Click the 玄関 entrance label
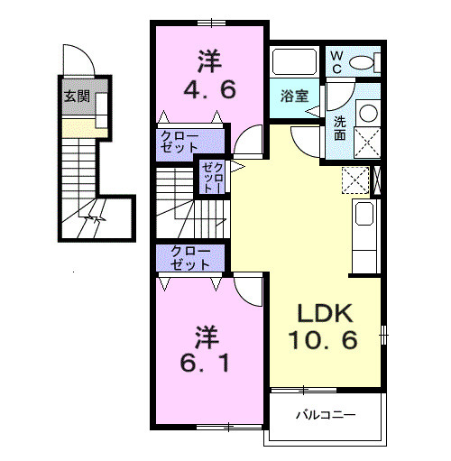77,96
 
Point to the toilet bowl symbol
361,61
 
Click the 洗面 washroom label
339,128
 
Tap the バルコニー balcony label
326,416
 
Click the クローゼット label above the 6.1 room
191,258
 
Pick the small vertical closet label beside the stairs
214,178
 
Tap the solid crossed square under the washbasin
366,143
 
